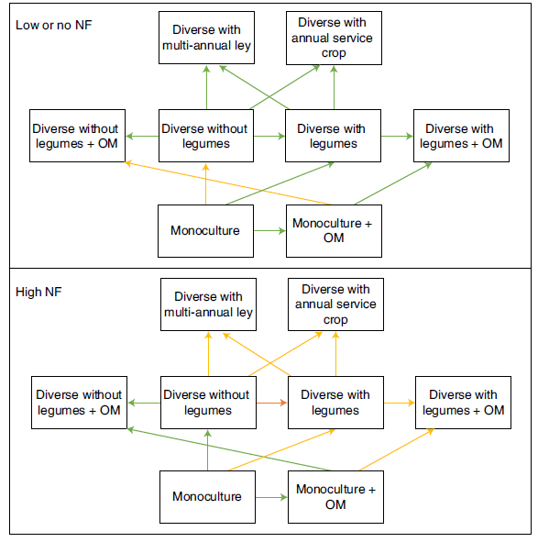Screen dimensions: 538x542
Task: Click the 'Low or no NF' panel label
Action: (53, 26)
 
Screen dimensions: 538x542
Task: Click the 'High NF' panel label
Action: (38, 292)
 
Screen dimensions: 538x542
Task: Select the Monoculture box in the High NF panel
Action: (207, 497)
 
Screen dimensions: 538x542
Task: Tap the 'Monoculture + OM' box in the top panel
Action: (334, 231)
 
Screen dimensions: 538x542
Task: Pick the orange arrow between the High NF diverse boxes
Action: (271, 403)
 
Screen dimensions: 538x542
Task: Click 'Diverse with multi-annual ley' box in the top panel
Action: (206, 38)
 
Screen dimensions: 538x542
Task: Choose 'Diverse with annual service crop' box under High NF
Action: (335, 304)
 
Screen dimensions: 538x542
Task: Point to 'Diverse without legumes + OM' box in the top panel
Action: (77, 136)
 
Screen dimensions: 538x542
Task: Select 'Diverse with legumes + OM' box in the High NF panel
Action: (463, 403)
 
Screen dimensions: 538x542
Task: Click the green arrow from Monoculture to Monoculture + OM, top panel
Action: (269, 230)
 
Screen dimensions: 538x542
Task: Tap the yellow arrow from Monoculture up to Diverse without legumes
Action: (205, 184)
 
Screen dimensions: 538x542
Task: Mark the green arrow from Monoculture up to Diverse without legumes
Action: (208, 450)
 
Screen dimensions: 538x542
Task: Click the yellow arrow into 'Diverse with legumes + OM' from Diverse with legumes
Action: (400, 403)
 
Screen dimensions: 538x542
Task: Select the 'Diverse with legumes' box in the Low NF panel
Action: (333, 136)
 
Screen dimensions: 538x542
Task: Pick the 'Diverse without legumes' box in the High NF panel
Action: (208, 403)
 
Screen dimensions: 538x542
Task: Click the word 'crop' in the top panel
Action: (334, 53)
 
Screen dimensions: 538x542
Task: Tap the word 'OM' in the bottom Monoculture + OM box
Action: (335, 504)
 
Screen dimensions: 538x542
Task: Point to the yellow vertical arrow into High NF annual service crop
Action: (335, 354)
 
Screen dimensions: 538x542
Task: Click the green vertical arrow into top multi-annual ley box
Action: (206, 87)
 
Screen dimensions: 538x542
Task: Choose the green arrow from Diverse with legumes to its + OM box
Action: (398, 137)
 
